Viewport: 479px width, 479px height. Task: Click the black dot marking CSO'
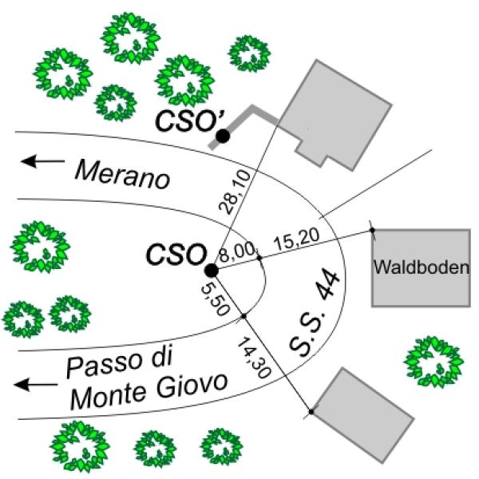tap(223, 137)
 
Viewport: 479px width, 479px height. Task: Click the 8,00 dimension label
tap(239, 254)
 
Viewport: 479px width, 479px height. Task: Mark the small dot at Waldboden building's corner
tap(372, 231)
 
